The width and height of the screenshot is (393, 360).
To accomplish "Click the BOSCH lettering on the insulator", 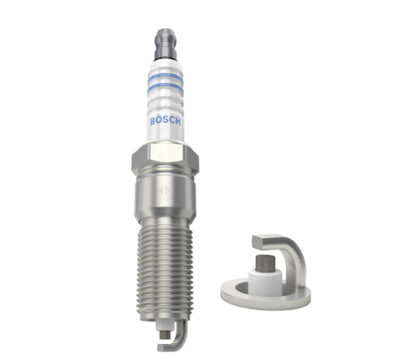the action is pyautogui.click(x=165, y=121).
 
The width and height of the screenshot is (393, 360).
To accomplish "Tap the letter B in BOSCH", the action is pyautogui.click(x=153, y=121).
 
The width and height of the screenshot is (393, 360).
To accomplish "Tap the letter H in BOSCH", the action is pyautogui.click(x=177, y=121).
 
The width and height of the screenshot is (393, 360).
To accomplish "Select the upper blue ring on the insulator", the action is pyautogui.click(x=165, y=78).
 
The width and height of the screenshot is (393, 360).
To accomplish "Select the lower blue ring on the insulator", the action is pyautogui.click(x=165, y=87).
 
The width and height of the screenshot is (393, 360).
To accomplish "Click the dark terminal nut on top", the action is pyautogui.click(x=166, y=44).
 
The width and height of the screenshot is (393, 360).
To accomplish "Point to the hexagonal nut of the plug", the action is pyautogui.click(x=165, y=159).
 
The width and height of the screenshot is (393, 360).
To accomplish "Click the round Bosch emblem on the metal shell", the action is pyautogui.click(x=164, y=191).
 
